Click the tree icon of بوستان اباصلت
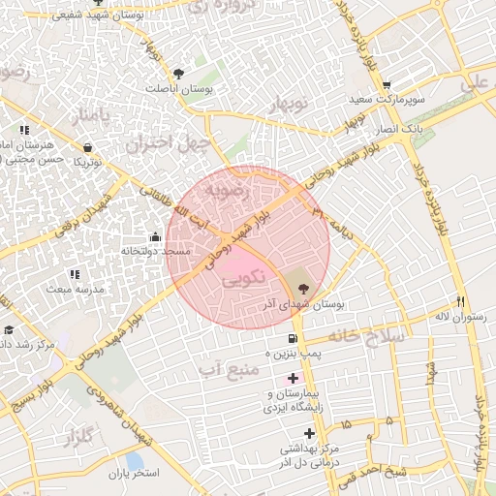(178, 74)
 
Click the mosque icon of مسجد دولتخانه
(155, 236)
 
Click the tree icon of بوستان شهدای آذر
(304, 288)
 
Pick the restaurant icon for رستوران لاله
(459, 301)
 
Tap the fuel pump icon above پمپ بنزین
(293, 338)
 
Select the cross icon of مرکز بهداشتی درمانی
(309, 433)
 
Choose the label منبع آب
(230, 368)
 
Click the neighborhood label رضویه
(226, 191)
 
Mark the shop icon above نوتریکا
(88, 148)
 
